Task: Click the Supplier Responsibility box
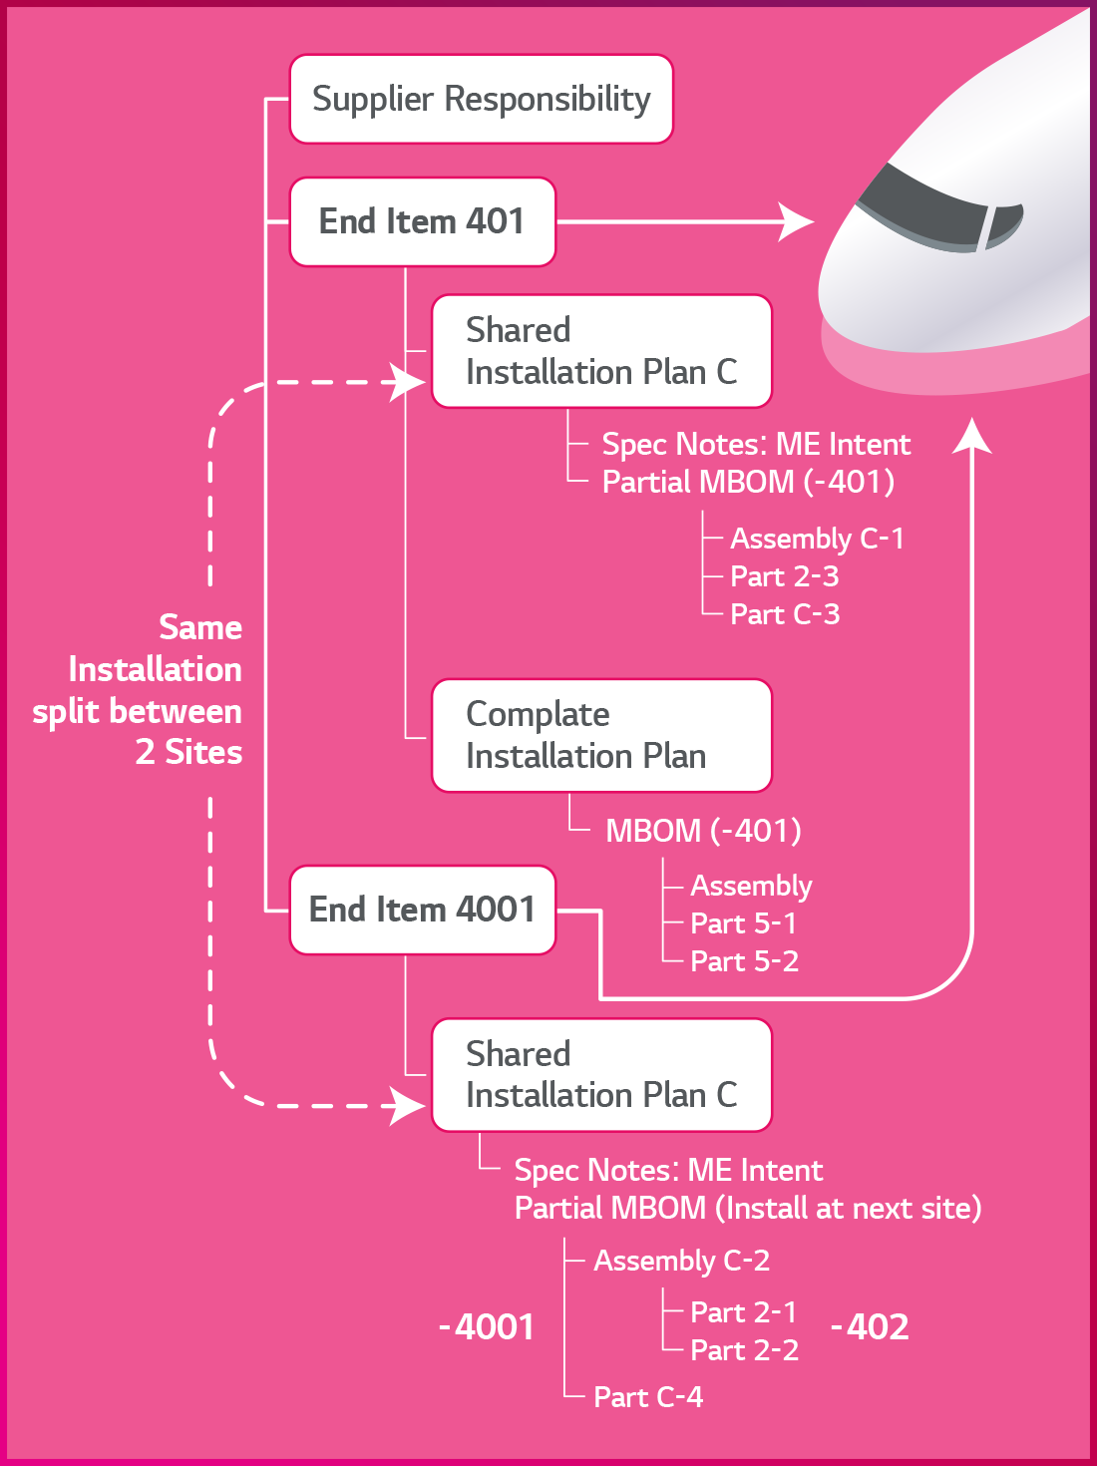coord(481,99)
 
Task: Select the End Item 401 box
coord(422,221)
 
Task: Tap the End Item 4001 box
coord(422,910)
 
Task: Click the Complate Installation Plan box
coord(601,736)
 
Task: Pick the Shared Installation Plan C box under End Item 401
coord(601,351)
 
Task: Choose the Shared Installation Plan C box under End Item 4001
coord(601,1075)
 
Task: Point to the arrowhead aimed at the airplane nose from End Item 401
coord(798,221)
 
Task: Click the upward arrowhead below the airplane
coord(971,437)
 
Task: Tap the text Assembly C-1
coord(817,539)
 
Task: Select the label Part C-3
coord(785,614)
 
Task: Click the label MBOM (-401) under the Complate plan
coord(703,831)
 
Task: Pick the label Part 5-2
coord(744,961)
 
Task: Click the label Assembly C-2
coord(681,1261)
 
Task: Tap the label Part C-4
coord(648,1397)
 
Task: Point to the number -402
coord(870,1327)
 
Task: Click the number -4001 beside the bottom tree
coord(487,1327)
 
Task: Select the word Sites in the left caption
coord(203,752)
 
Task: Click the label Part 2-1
coord(744,1312)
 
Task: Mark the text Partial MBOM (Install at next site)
coord(748,1209)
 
